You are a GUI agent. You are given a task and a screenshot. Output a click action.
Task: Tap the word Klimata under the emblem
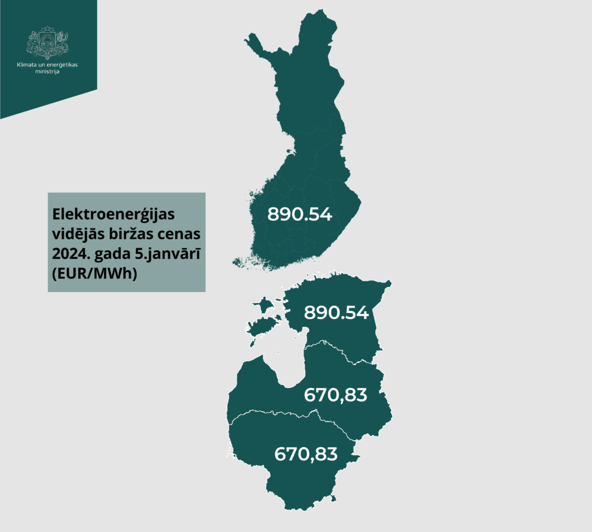tap(27, 65)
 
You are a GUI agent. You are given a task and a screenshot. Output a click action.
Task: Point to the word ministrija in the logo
tap(47, 72)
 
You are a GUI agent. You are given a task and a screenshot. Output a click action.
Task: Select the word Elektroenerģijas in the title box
tap(113, 214)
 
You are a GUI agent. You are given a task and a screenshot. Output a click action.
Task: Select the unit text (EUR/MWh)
tap(94, 275)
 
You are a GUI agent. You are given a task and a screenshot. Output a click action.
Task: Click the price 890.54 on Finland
tap(299, 214)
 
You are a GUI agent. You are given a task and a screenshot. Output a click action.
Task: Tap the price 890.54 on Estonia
tap(336, 313)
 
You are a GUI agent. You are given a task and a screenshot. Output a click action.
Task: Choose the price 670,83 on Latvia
tap(335, 395)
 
